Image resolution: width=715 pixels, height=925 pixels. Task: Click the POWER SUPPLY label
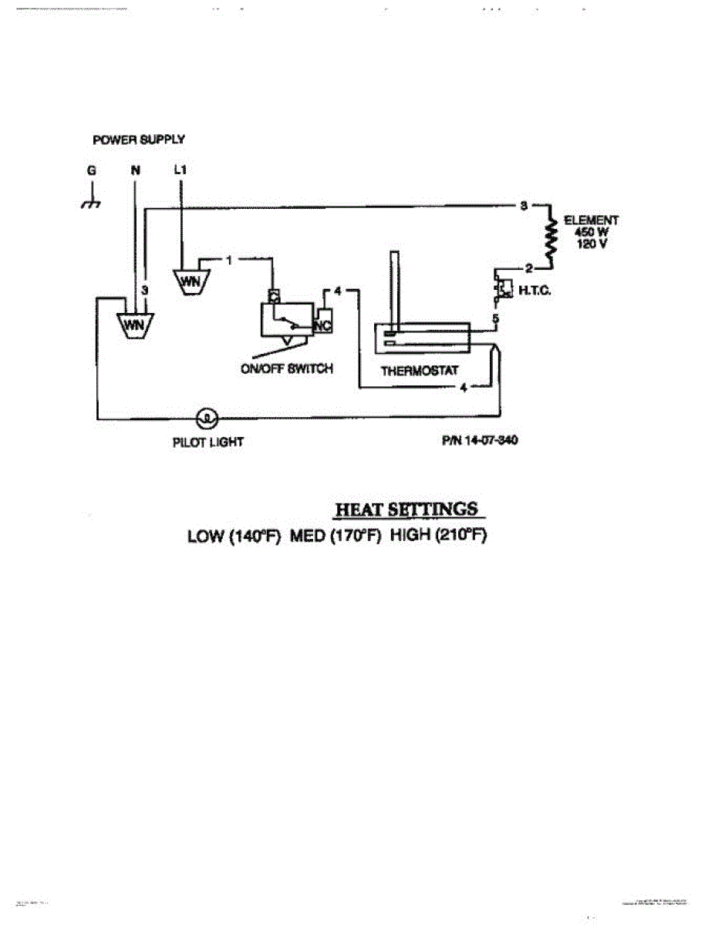click(x=138, y=140)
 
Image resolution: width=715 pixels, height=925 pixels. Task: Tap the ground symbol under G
click(x=91, y=203)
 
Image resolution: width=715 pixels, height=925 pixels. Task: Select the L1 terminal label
click(x=180, y=170)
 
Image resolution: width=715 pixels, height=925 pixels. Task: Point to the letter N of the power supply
click(x=136, y=170)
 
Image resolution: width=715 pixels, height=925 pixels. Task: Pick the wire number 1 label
click(x=229, y=260)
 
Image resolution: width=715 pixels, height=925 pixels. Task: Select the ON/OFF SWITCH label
click(x=287, y=368)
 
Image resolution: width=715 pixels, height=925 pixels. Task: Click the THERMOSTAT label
click(x=419, y=371)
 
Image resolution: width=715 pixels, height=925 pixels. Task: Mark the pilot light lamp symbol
click(x=207, y=419)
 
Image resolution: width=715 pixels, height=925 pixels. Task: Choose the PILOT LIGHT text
click(x=208, y=442)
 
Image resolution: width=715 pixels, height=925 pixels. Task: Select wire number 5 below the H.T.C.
click(x=497, y=318)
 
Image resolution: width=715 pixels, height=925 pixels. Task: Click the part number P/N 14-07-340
click(x=479, y=442)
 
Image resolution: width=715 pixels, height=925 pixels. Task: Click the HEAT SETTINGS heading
click(x=406, y=510)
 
